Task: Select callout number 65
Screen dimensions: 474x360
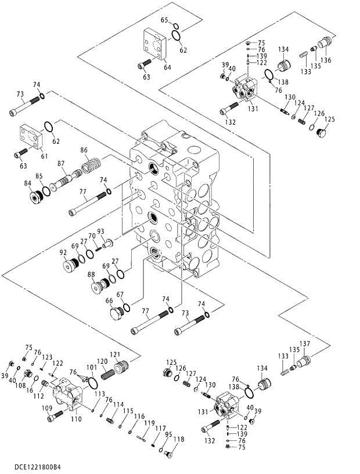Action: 164,20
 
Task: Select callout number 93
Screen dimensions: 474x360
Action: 100,231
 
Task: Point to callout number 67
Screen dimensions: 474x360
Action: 120,295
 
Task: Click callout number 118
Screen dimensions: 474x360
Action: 179,440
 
